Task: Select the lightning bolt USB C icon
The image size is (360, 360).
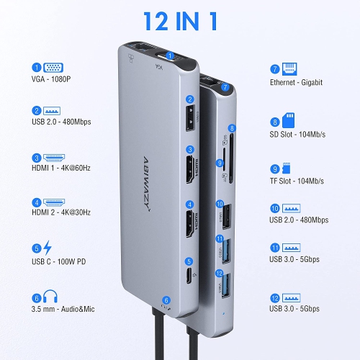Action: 48,249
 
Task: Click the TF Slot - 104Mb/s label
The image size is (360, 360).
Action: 296,180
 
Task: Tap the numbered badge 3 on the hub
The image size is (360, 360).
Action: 190,150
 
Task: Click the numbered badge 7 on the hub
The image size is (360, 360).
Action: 225,87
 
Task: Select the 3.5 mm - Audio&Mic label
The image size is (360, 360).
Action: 63,308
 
